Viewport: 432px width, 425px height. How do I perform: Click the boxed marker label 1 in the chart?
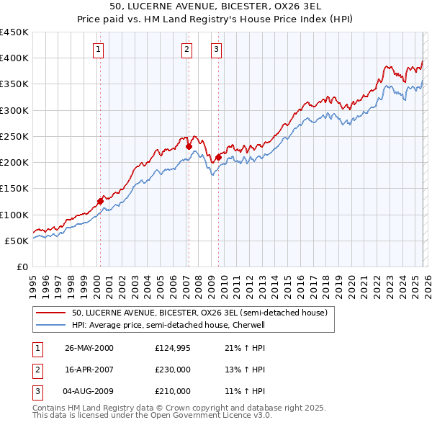click(x=98, y=50)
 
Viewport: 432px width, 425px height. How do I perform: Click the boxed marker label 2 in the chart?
click(x=186, y=50)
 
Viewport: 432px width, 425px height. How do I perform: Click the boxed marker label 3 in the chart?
click(x=216, y=50)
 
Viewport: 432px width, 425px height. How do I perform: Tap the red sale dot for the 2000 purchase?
click(x=100, y=201)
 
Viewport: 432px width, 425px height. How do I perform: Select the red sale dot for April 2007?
click(x=189, y=146)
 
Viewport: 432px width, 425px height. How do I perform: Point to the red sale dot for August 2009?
click(x=218, y=156)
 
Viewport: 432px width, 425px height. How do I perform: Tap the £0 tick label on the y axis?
click(x=22, y=267)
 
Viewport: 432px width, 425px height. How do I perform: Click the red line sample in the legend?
click(x=52, y=313)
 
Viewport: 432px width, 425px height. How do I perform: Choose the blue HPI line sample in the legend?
click(x=52, y=325)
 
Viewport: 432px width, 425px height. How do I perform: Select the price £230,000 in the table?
click(x=173, y=370)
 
